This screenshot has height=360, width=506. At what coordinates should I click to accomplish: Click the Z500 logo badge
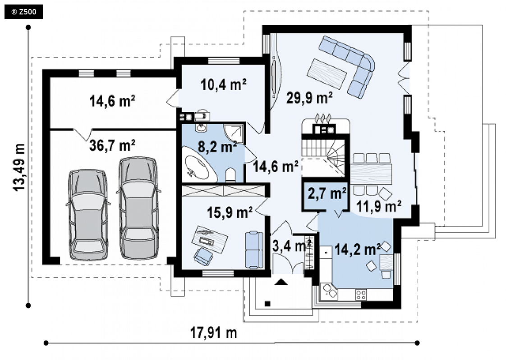click(23, 12)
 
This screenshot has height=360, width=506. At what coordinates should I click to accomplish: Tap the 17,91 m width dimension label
click(214, 333)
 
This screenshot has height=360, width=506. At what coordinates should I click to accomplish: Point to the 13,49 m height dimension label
click(19, 167)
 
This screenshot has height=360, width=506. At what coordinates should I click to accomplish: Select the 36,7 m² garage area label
click(112, 146)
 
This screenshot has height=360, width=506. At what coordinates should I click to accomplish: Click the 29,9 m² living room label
click(309, 97)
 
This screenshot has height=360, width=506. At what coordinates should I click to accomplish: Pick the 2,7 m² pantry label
click(327, 193)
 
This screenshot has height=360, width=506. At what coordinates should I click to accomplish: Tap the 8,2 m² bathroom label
click(217, 147)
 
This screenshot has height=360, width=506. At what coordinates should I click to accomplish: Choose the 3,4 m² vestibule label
click(291, 246)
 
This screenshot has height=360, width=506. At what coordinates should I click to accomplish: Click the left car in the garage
click(88, 214)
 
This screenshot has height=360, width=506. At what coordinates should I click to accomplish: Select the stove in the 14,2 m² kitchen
click(361, 295)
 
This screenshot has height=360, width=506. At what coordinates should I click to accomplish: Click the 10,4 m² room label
click(223, 85)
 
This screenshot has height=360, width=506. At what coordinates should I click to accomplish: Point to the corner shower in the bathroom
click(235, 133)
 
